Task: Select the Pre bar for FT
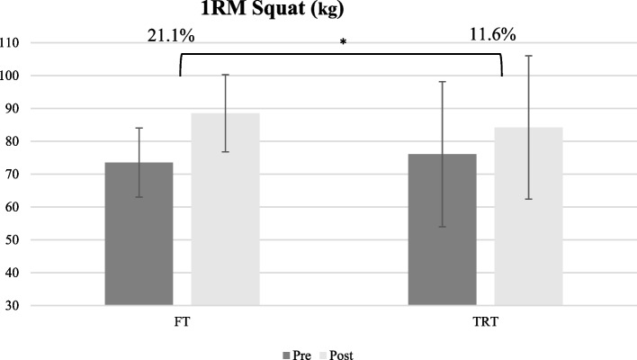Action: coord(139,234)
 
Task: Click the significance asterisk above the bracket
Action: coord(343,43)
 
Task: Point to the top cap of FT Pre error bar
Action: coord(139,128)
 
